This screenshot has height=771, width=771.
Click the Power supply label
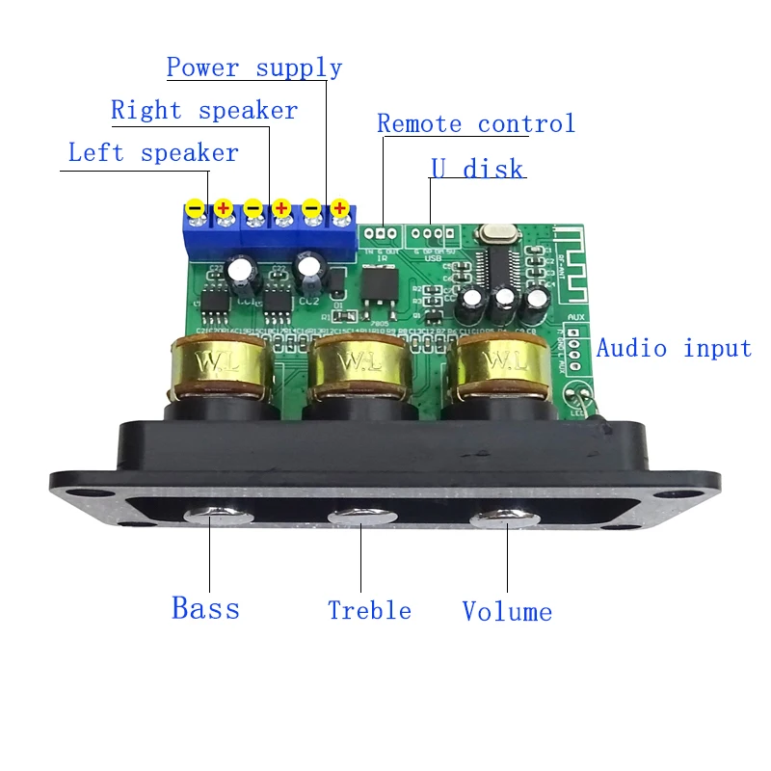pyautogui.click(x=254, y=68)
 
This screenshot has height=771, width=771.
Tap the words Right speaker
pyautogui.click(x=204, y=111)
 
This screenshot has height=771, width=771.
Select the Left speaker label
pyautogui.click(x=153, y=153)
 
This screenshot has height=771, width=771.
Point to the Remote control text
pyautogui.click(x=476, y=124)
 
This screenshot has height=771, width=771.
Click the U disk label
pyautogui.click(x=477, y=170)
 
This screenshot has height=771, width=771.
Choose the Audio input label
pyautogui.click(x=674, y=348)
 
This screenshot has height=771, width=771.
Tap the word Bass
pyautogui.click(x=205, y=608)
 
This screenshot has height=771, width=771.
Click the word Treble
pyautogui.click(x=369, y=610)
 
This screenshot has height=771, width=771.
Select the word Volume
pyautogui.click(x=507, y=611)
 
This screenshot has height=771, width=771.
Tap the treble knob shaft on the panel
pyautogui.click(x=361, y=518)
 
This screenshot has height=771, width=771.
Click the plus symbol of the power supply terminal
pyautogui.click(x=340, y=208)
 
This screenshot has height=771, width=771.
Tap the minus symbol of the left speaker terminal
pyautogui.click(x=195, y=208)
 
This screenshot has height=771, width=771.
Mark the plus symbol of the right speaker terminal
pyautogui.click(x=282, y=208)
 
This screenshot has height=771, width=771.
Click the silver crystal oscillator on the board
pyautogui.click(x=493, y=234)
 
